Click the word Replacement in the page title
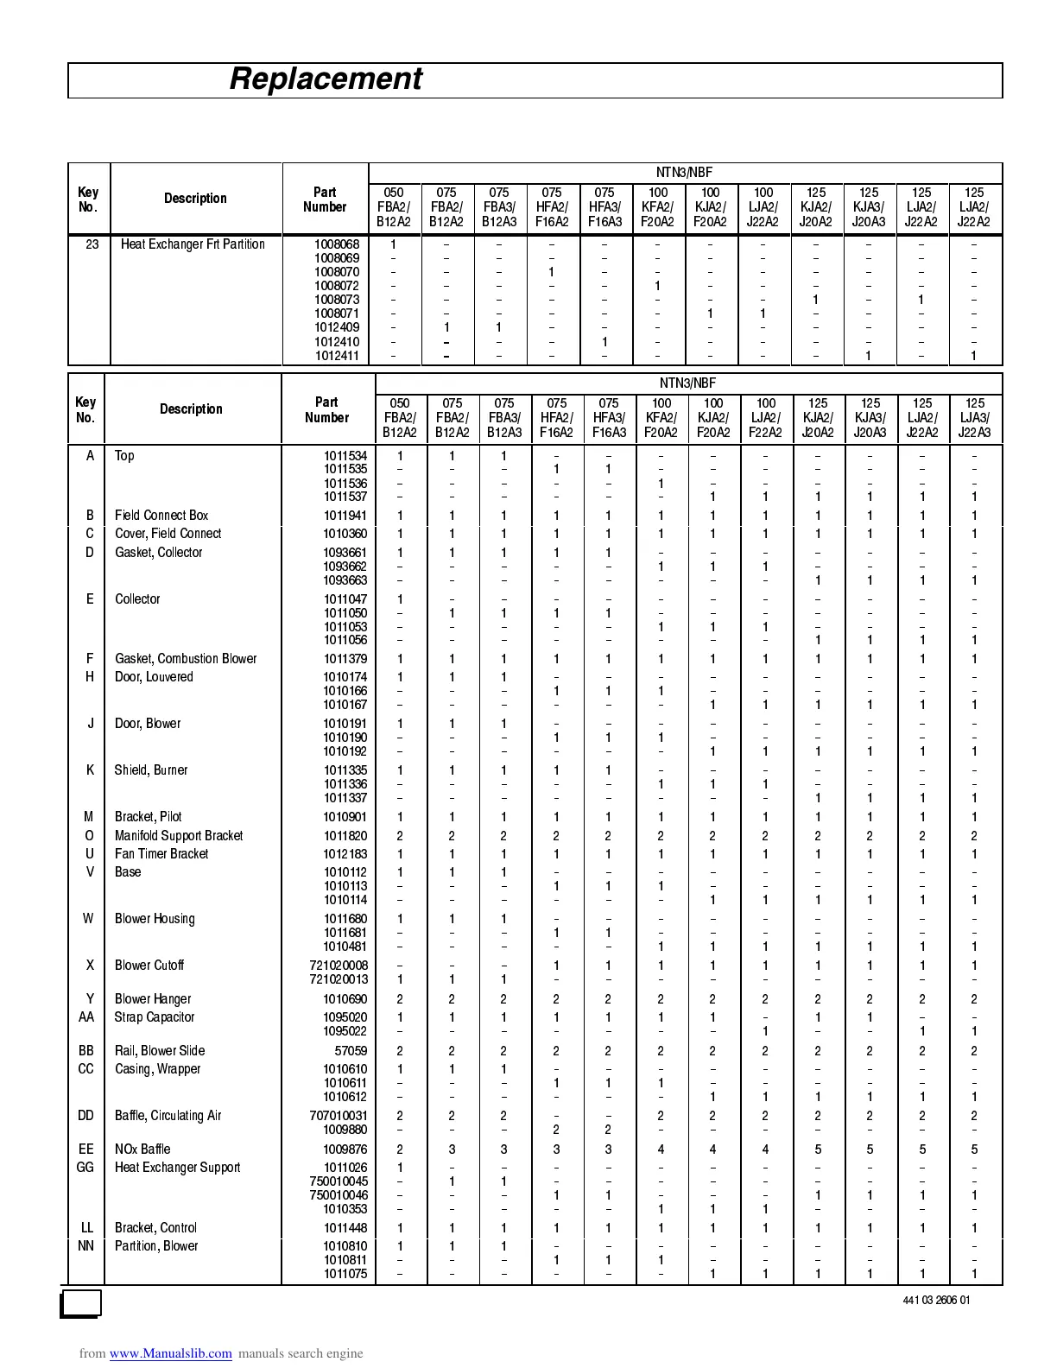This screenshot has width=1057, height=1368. coord(326,79)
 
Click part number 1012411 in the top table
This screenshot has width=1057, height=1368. coord(337,356)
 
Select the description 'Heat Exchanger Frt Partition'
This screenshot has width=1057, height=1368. coord(193,244)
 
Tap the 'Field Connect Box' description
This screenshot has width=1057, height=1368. coord(161,516)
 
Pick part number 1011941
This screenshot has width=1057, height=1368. coord(345,516)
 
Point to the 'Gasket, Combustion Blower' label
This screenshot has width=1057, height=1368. coord(186,659)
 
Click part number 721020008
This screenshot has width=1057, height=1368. coord(339,966)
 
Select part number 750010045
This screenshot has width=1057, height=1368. coord(339,1181)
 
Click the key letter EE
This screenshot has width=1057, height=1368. coord(86,1149)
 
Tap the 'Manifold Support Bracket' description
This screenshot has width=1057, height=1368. coord(179,836)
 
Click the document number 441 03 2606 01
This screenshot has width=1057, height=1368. coord(936,1301)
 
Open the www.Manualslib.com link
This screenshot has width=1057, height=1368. coord(170,1353)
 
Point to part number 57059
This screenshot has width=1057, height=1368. coord(351,1051)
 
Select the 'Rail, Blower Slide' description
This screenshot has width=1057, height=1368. coord(160,1051)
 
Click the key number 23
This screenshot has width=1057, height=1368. coord(92,244)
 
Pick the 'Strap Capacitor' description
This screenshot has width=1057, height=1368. coord(155,1017)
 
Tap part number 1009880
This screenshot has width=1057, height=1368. coord(345,1130)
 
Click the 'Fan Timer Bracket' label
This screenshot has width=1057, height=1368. coord(161,854)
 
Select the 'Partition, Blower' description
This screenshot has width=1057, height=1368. coord(156,1246)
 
